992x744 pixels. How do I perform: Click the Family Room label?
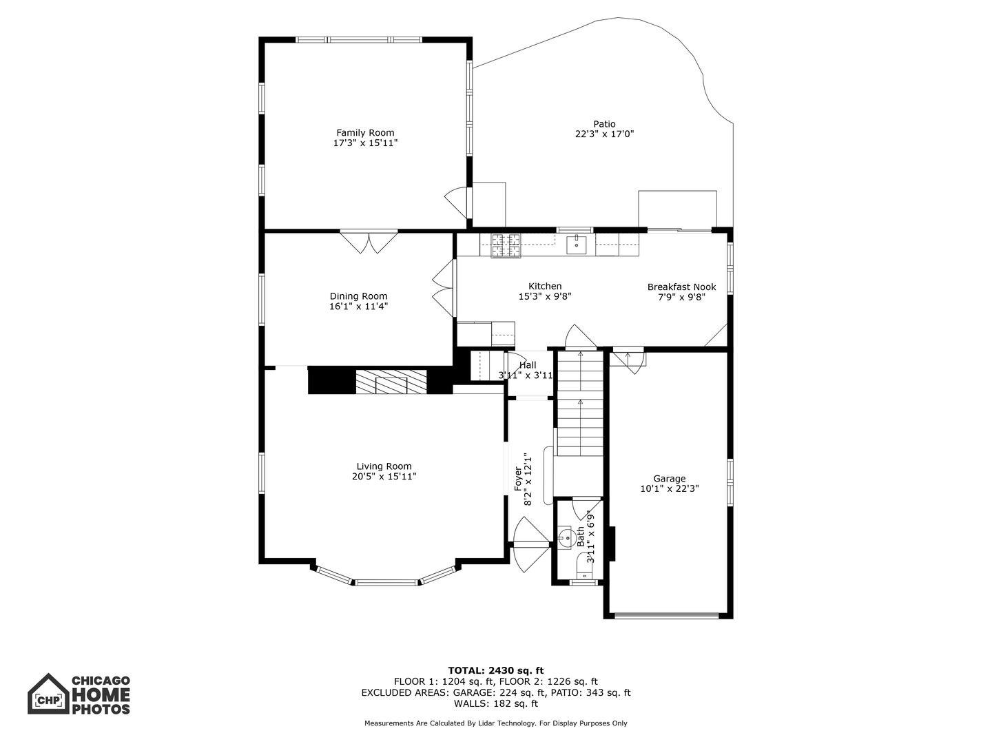coord(365,133)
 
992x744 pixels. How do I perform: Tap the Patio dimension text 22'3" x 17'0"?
coord(604,134)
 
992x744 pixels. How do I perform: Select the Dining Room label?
coord(358,296)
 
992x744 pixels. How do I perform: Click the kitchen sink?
coord(576,245)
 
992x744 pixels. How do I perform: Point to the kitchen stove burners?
coord(506,245)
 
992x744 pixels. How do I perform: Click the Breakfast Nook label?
coord(681,287)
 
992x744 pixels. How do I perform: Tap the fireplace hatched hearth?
coord(391,382)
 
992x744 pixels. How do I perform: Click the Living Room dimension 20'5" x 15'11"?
coord(384,477)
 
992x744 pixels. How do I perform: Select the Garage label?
coord(670,478)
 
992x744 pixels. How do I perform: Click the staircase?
coord(580,404)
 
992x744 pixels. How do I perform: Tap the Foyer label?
coord(518,479)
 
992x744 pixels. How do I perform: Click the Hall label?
coord(528,365)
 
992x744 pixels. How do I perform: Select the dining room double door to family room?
coord(369,242)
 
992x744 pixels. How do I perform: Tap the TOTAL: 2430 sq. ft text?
coord(496,670)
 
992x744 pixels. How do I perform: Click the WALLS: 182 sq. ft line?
coord(496,703)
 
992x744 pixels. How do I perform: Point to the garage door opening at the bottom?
coord(667,614)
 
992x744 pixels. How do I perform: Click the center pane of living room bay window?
coord(386,583)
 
